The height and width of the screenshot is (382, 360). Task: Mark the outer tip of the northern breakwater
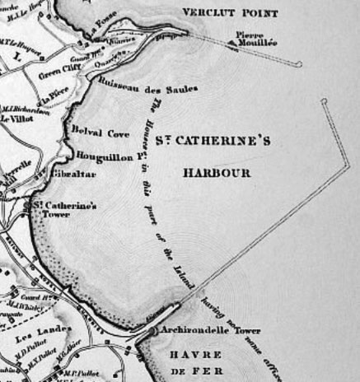(x=302, y=63)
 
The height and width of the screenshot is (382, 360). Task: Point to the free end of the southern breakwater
(x=325, y=100)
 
